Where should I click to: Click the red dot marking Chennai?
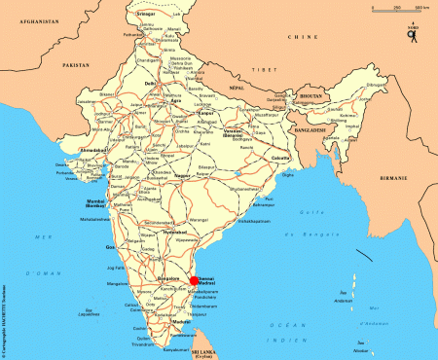click(194, 279)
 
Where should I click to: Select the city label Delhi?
click(150, 84)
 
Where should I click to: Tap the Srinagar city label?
click(146, 14)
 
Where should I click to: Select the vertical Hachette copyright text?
click(6, 311)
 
